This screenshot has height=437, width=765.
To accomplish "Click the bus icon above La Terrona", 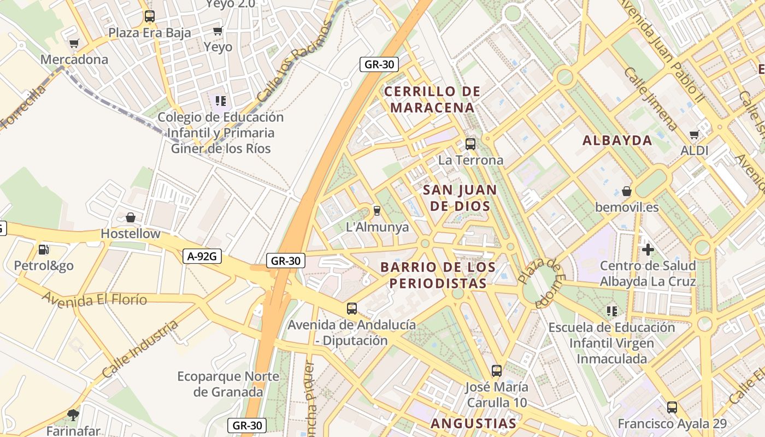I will [x=470, y=144].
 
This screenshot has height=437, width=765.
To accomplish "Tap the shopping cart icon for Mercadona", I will [x=74, y=43].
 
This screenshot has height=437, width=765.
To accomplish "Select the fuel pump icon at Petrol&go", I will [x=43, y=250].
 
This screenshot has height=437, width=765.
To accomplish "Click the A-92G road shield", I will [x=202, y=256].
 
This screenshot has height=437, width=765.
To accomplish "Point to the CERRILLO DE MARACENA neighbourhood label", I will [x=432, y=99].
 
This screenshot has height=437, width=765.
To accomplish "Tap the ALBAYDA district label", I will [x=617, y=140].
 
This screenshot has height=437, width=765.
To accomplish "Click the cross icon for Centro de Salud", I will [x=648, y=250].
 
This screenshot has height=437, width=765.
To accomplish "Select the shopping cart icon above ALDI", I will [x=695, y=134].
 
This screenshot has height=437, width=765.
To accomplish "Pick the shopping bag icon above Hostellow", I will [x=131, y=217].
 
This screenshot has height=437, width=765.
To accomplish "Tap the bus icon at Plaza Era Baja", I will [x=149, y=16].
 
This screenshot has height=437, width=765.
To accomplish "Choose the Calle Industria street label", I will [x=140, y=350].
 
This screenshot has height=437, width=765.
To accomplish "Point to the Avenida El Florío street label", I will [x=95, y=299].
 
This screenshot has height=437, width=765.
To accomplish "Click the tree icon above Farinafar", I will [x=73, y=415].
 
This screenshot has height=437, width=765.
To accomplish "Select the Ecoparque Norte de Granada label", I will [x=228, y=384].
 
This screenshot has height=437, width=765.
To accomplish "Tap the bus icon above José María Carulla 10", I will [x=496, y=371].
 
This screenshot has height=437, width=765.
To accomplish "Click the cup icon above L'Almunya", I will [x=376, y=210].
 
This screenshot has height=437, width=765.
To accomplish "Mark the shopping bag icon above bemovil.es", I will [x=627, y=191].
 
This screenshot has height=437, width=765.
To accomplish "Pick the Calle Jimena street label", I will [x=650, y=98].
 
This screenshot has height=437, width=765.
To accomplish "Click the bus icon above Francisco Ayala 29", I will [x=672, y=407].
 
